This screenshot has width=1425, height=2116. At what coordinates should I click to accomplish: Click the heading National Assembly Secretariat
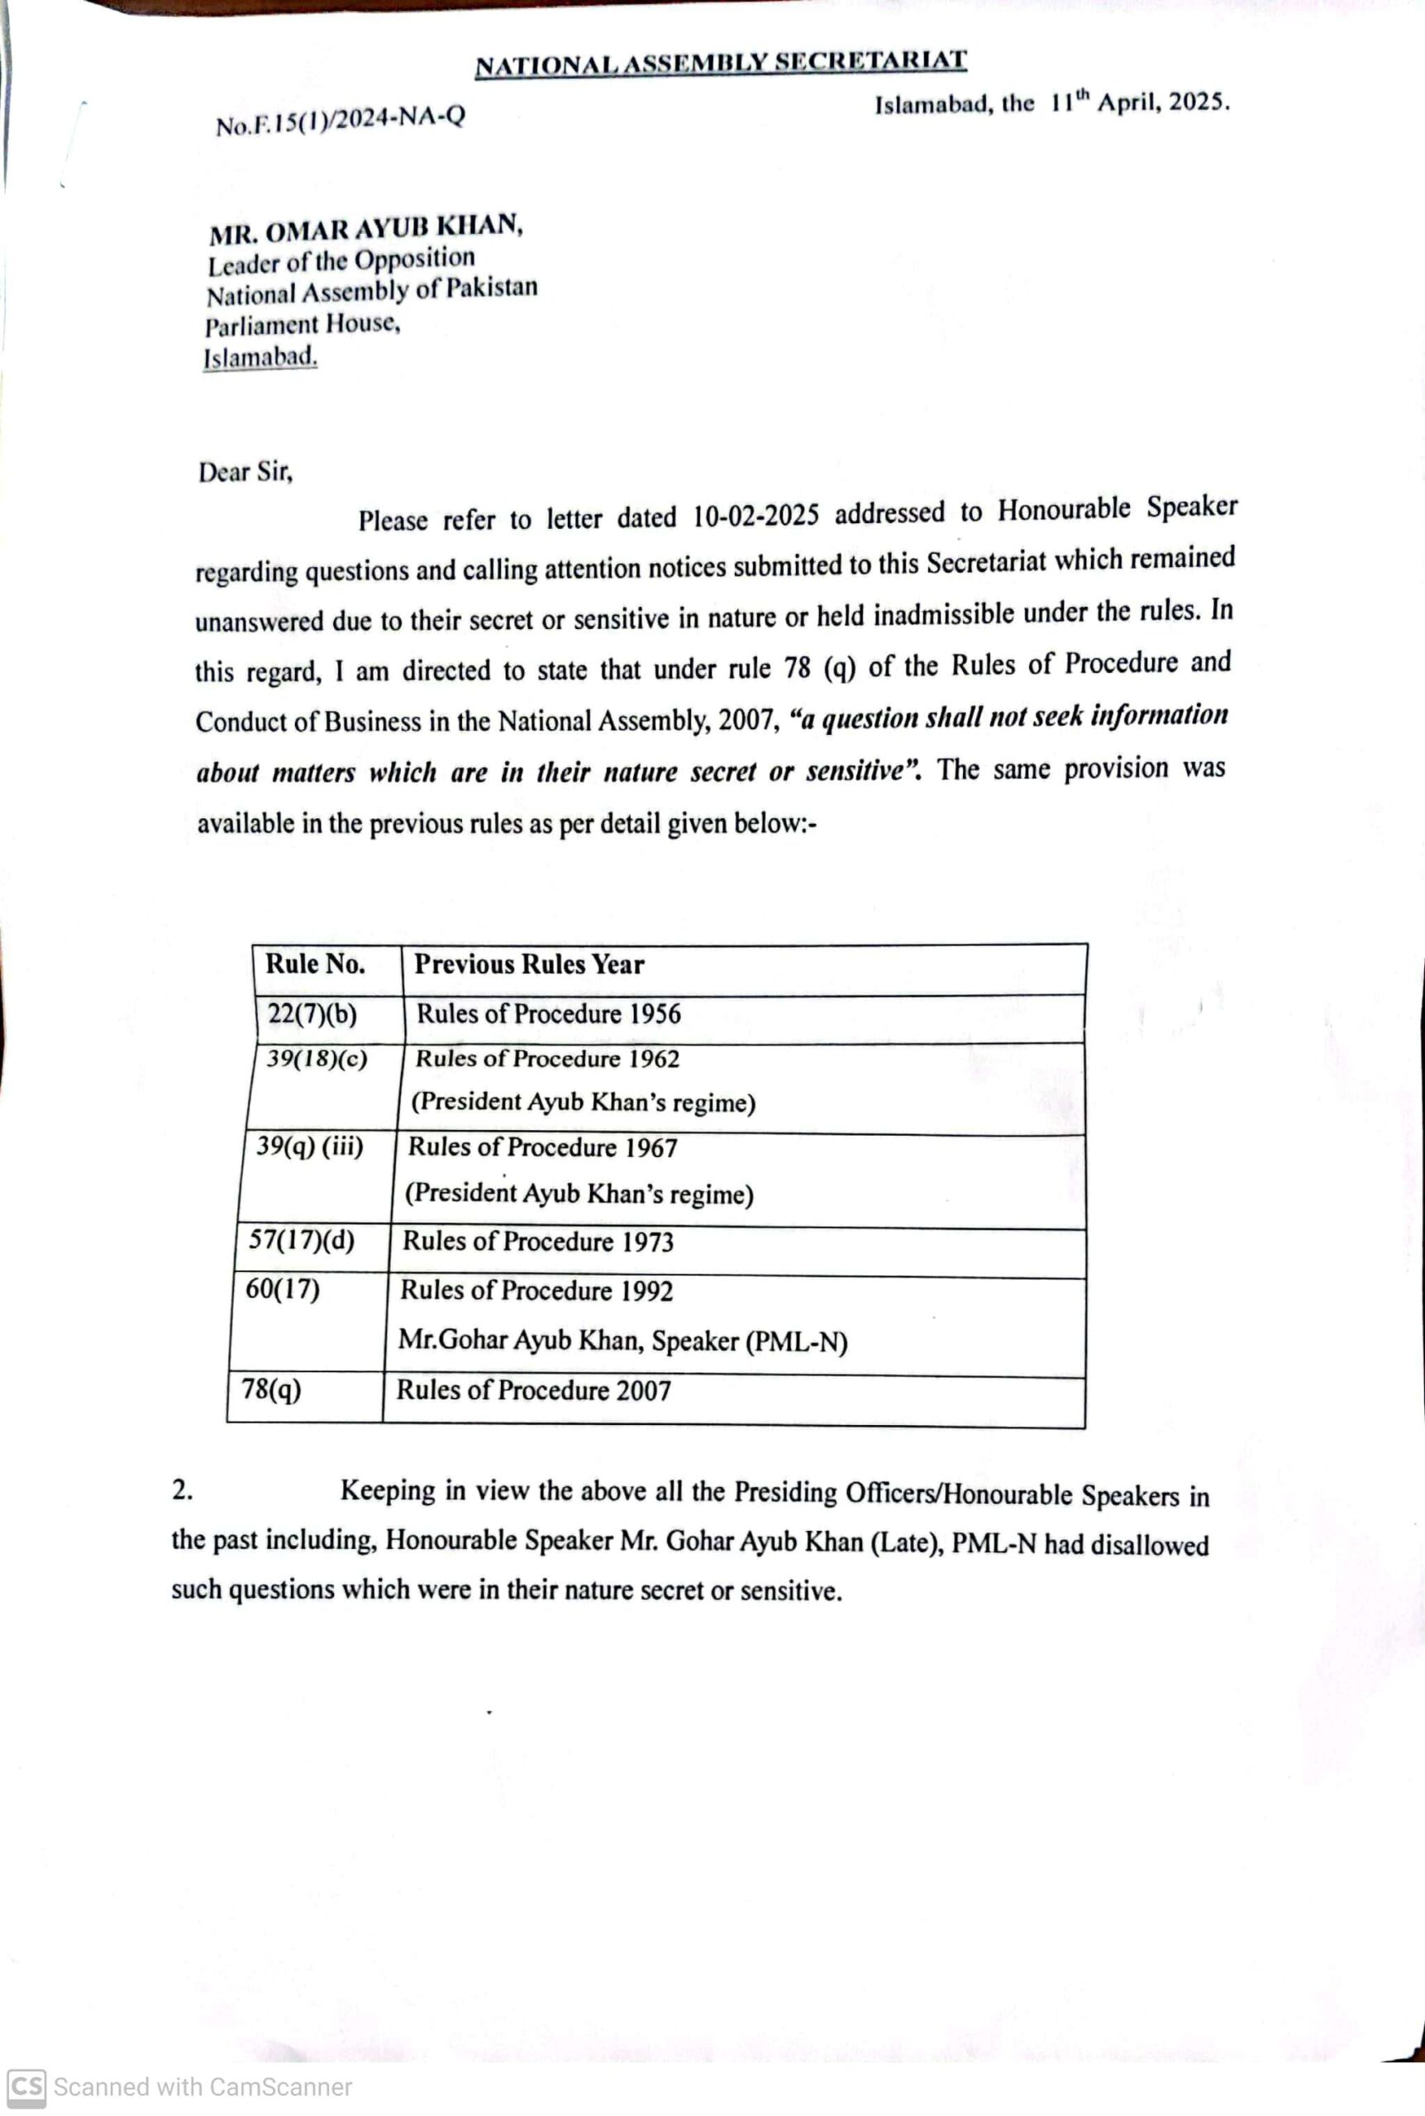tap(720, 64)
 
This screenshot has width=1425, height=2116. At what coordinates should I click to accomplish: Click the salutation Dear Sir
tap(245, 471)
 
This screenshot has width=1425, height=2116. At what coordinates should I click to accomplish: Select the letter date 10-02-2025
tap(755, 515)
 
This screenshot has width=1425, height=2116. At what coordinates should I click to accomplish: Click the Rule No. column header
tap(316, 964)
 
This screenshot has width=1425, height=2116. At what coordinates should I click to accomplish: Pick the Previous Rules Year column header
tap(529, 964)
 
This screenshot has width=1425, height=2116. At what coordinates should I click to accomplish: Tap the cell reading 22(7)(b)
tap(312, 1013)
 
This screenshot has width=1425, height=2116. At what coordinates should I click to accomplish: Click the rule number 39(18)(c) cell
tap(317, 1059)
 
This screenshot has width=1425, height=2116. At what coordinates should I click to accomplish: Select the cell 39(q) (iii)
tap(310, 1146)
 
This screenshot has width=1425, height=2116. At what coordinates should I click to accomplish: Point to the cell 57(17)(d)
tap(302, 1240)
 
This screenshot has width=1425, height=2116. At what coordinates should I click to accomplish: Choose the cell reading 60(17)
tap(283, 1289)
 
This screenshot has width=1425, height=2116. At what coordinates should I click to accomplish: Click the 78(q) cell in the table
tap(272, 1389)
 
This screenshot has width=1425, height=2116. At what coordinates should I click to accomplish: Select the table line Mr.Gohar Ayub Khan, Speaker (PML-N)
tap(622, 1341)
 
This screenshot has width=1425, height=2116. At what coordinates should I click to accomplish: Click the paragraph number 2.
tap(182, 1490)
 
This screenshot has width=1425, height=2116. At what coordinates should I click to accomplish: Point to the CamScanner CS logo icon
tap(26, 2086)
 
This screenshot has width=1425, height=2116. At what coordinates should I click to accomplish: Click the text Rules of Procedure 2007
tap(533, 1390)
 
